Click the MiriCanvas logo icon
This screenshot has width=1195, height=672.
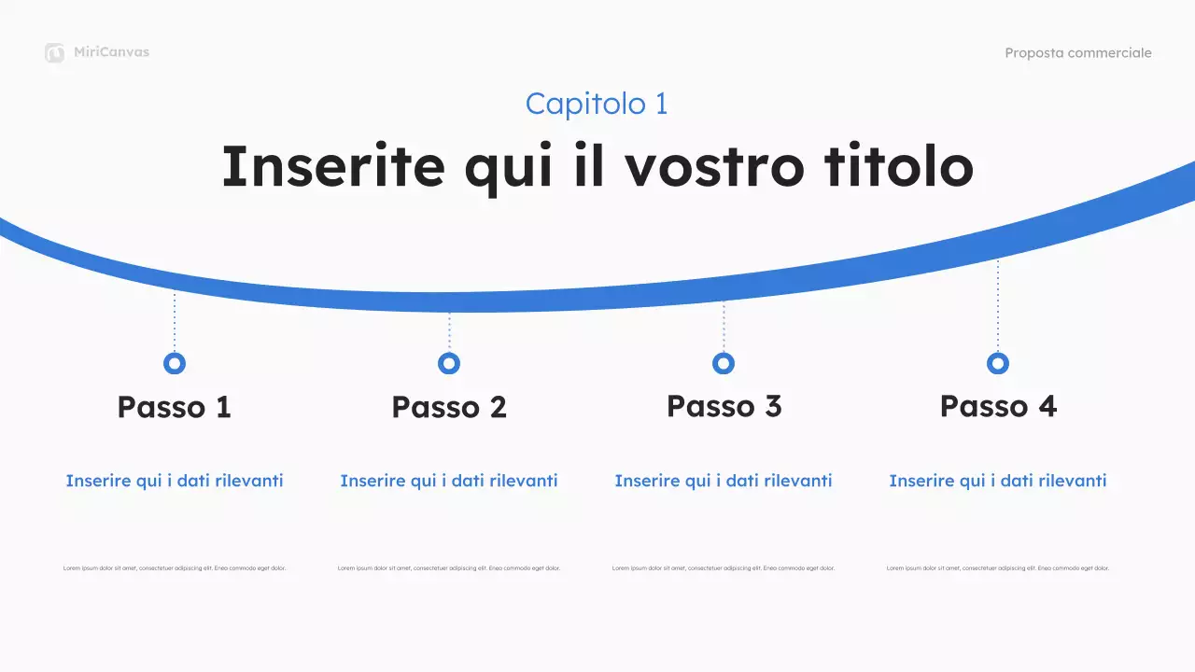54,53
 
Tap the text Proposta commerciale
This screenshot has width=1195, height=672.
1077,53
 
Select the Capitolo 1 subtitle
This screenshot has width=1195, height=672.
597,104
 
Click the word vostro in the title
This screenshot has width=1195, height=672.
713,166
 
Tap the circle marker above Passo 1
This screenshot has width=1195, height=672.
175,363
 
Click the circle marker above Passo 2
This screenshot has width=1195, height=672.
449,363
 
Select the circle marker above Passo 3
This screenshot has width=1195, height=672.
724,363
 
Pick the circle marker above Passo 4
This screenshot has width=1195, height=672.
998,363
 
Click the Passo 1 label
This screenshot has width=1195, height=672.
175,407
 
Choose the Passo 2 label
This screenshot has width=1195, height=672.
449,407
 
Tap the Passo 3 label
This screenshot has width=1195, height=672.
724,406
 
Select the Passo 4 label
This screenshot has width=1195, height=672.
998,406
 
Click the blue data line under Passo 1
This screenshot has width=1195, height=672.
175,481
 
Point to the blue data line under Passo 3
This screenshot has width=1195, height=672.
724,481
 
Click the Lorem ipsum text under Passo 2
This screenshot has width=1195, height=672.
449,567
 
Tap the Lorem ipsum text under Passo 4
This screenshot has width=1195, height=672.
998,567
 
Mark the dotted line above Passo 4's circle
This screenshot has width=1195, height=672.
998,303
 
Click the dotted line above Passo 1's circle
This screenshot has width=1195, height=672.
175,322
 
